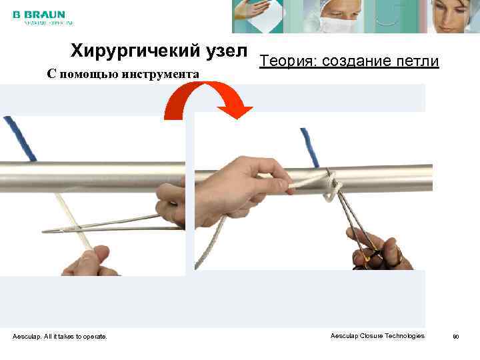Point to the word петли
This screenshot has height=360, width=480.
click(418, 62)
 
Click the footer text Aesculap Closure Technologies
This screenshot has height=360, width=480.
click(377, 336)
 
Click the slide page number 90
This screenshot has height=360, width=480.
click(456, 337)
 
